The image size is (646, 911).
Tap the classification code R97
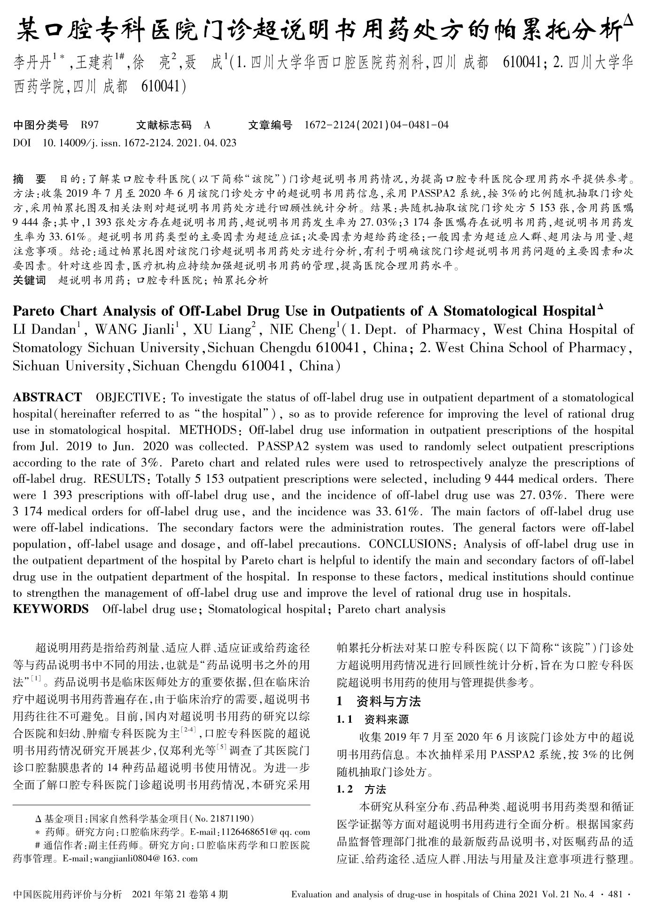tap(90, 125)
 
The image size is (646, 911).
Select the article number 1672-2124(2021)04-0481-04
tap(376, 125)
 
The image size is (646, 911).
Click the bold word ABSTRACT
tap(47, 398)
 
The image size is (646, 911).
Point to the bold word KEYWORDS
tap(51, 610)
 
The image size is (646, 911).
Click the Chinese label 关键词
tap(30, 281)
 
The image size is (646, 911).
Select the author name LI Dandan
tap(45, 330)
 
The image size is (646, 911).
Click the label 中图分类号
tap(41, 125)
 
